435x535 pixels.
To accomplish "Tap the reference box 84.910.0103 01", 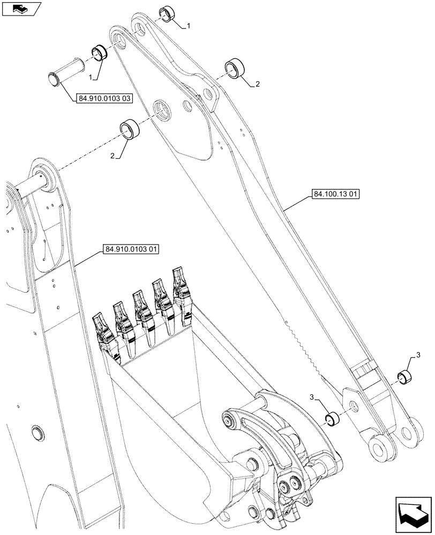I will [x=127, y=249].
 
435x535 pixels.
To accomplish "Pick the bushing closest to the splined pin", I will [x=99, y=52].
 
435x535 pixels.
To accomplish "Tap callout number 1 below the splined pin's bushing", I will [x=93, y=78].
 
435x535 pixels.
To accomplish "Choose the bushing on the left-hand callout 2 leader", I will [x=130, y=129].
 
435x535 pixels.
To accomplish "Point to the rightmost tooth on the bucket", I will [x=181, y=288].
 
